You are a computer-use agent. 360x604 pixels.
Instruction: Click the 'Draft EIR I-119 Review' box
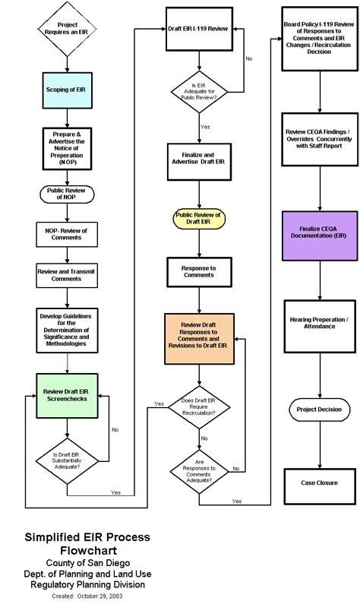[x=200, y=30]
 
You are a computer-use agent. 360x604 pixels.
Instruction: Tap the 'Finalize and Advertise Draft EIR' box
[x=200, y=165]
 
